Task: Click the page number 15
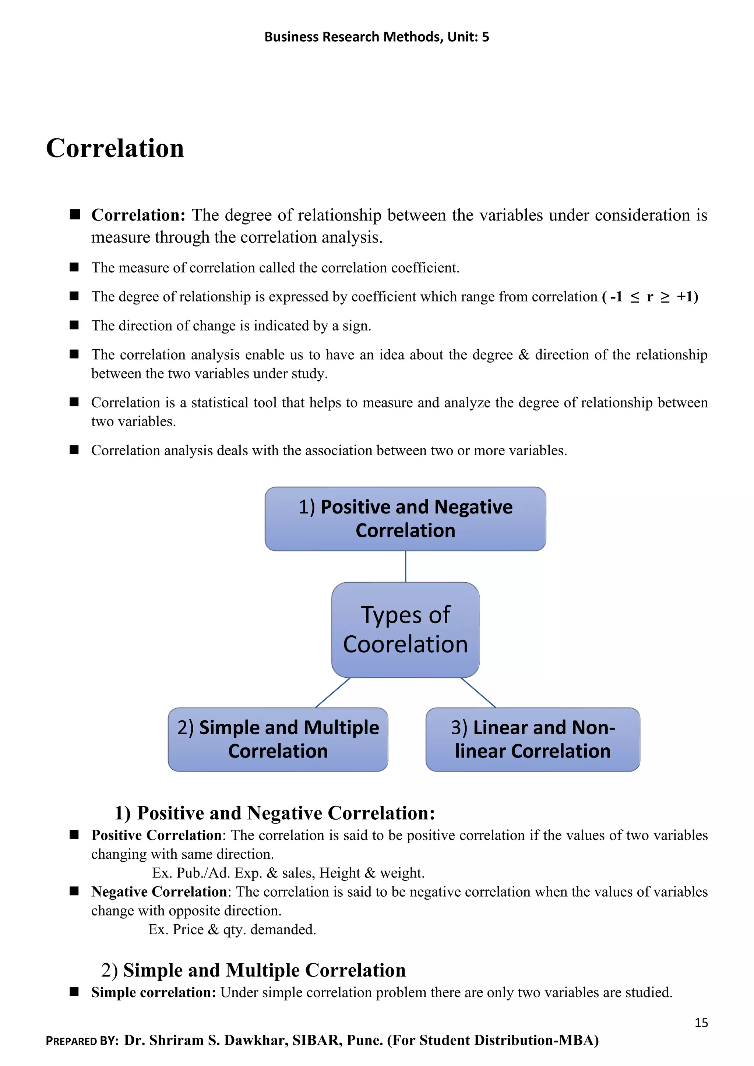click(701, 1022)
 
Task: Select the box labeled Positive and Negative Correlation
click(405, 519)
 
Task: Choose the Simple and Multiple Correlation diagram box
click(278, 739)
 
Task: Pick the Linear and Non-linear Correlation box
click(532, 739)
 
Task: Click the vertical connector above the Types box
click(405, 566)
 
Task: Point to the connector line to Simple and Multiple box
click(332, 692)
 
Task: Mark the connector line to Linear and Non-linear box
click(478, 692)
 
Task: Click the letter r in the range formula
click(649, 296)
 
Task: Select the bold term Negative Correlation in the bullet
click(159, 892)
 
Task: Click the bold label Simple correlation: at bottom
click(153, 992)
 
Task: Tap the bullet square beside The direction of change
click(74, 325)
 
